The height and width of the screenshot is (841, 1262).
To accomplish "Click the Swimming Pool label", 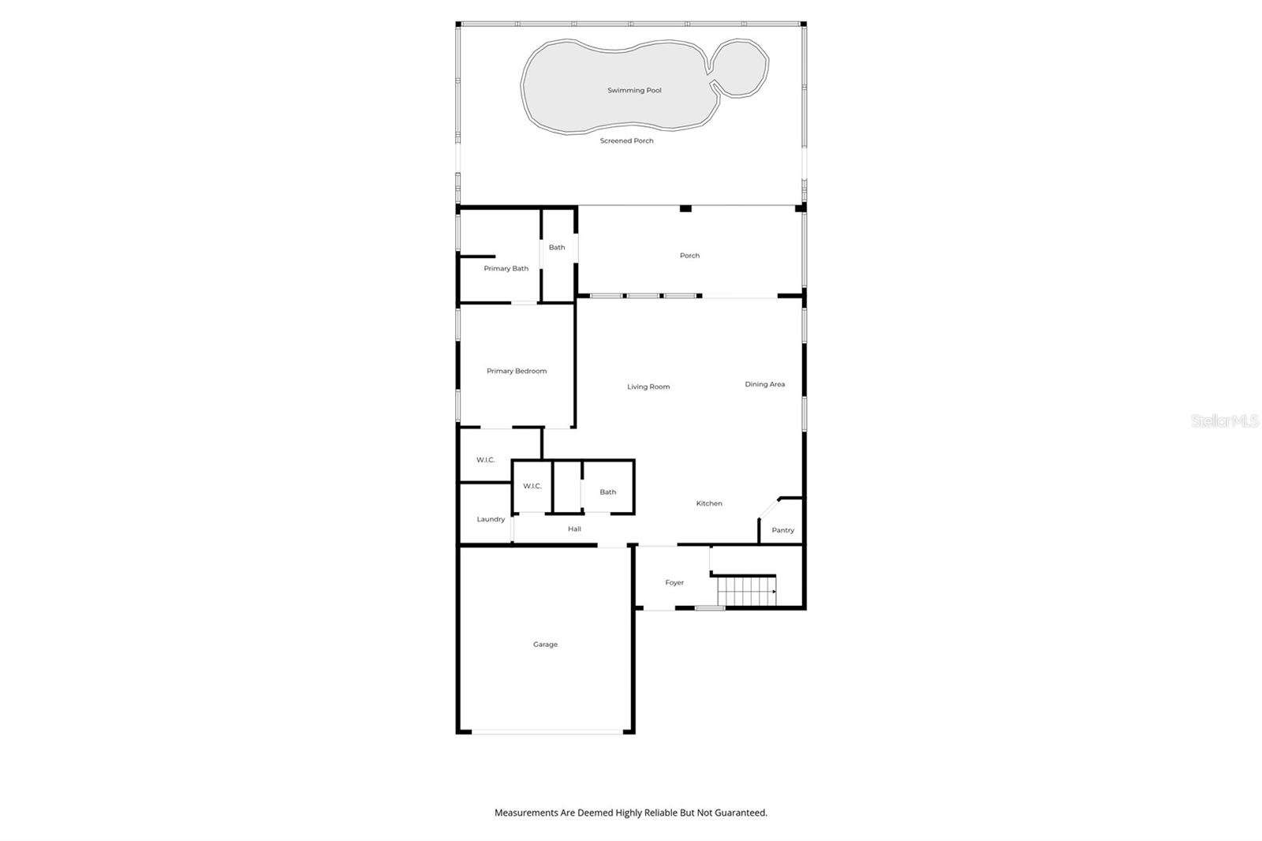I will coord(634,91).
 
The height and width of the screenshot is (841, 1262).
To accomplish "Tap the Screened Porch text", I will coord(626,141).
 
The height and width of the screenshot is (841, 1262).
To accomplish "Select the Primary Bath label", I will coord(506,269).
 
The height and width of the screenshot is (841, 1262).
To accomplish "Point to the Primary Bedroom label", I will coord(516,371).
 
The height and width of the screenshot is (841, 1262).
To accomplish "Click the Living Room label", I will coord(648,387).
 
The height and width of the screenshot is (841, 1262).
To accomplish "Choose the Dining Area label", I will coord(764,385).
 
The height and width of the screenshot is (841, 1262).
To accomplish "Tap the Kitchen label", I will coord(708,503).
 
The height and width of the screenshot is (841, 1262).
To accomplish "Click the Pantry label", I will coord(782,530).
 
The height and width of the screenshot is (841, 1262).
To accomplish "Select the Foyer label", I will coord(674,583).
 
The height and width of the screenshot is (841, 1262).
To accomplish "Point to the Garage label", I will coord(545,645).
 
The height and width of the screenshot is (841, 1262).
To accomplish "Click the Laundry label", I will coord(491,519).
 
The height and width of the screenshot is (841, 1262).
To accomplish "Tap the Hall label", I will coord(574,529).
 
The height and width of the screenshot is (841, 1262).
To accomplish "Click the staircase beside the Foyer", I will coord(745,591).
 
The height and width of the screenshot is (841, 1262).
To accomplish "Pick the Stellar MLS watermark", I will coord(1224,421).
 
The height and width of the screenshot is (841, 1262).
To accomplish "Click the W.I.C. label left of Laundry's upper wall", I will coord(485,460).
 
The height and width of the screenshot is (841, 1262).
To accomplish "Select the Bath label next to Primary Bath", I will coord(557,248).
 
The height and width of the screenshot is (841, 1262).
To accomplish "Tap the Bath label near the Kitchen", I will coord(607,492).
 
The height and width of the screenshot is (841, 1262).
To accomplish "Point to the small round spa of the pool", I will coord(741,68).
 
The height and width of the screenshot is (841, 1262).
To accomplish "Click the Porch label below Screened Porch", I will coord(689,256).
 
